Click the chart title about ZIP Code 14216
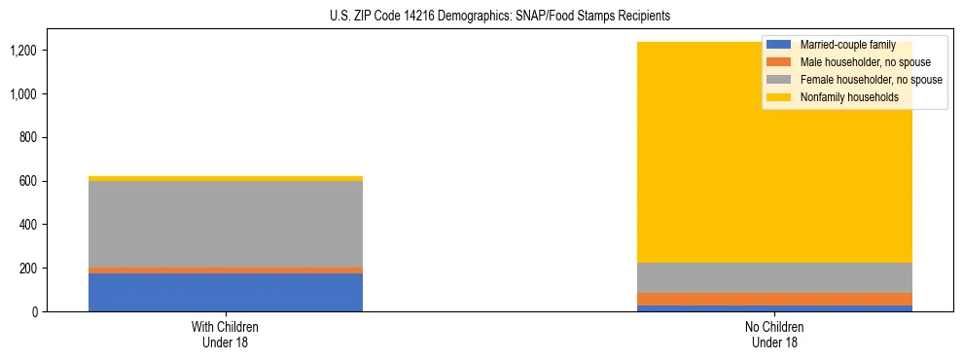click(x=481, y=17)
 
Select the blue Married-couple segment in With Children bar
click(x=226, y=292)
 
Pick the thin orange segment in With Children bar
click(x=226, y=270)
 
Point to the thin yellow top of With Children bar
click(x=226, y=178)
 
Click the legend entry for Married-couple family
click(x=845, y=45)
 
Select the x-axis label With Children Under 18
click(x=226, y=334)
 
